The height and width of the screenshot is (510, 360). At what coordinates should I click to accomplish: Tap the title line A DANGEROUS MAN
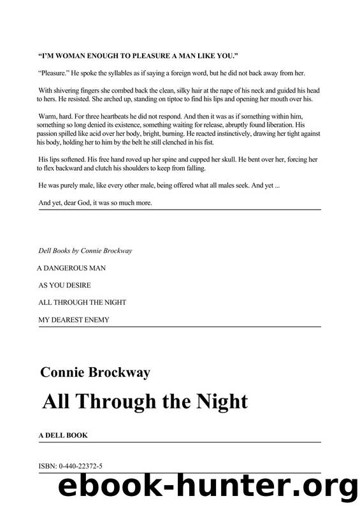[x=72, y=268]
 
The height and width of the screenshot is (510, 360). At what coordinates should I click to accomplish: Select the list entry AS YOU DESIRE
[x=65, y=285]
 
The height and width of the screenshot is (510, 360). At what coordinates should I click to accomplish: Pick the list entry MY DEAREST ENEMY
[x=74, y=319]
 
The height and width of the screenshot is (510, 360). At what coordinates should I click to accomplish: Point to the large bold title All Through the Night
[x=145, y=402]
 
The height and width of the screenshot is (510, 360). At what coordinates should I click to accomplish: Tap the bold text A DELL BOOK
[x=62, y=435]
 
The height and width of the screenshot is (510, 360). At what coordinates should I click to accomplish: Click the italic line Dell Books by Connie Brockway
[x=85, y=251]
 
